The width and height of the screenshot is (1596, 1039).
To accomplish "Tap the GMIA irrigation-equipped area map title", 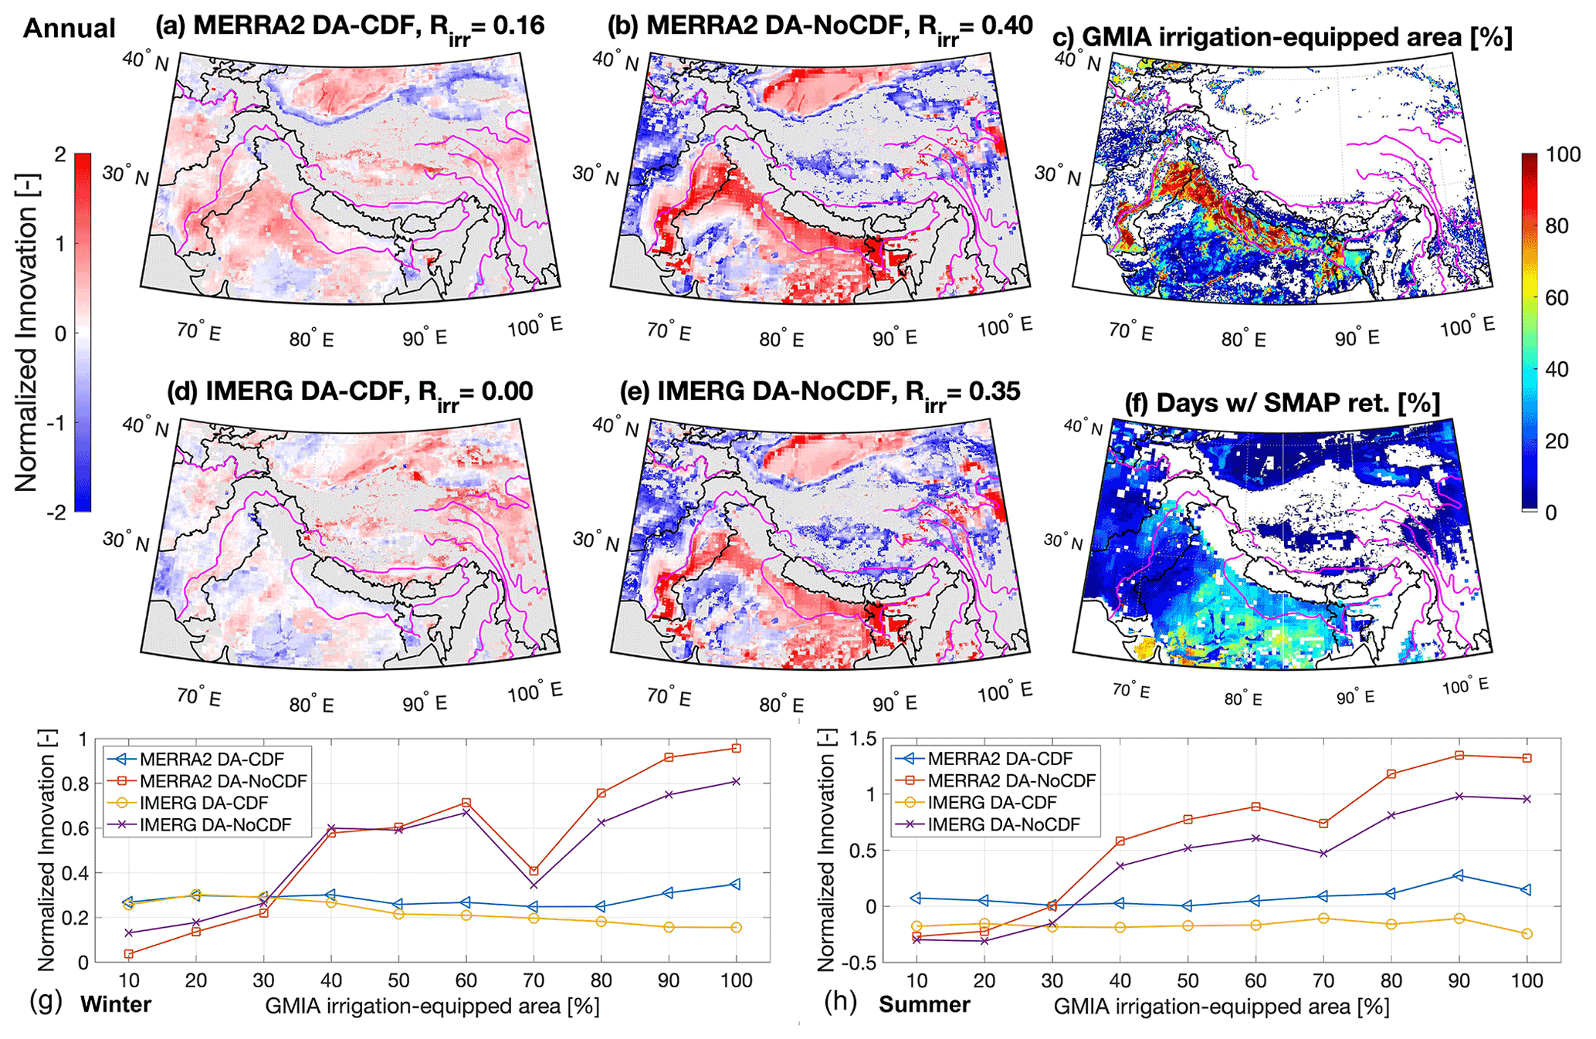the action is coord(1282,36).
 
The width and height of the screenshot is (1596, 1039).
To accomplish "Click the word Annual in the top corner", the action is coord(69,29).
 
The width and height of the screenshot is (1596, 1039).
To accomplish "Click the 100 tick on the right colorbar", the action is coord(1563,154).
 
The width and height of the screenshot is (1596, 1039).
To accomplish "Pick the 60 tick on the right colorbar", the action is coord(1557,298).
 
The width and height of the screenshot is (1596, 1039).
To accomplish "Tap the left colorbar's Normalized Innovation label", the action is coord(27,333).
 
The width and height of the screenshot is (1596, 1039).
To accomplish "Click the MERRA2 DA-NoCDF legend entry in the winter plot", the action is coord(223,781).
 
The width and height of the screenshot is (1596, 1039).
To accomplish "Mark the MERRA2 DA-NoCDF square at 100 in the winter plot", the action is coord(737,748).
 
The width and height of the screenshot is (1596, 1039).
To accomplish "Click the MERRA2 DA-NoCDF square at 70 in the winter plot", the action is coord(534,871).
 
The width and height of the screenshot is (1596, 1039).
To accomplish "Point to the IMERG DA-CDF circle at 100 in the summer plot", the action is coord(1527,934).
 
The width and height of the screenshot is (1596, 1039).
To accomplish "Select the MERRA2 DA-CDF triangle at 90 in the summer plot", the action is coord(1459,875).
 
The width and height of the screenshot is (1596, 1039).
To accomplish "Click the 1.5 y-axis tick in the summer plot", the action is coord(863,739).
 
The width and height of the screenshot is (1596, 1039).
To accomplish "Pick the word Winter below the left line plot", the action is coord(116,1005).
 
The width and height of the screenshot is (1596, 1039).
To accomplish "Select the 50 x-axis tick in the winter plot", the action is coord(398,980).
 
